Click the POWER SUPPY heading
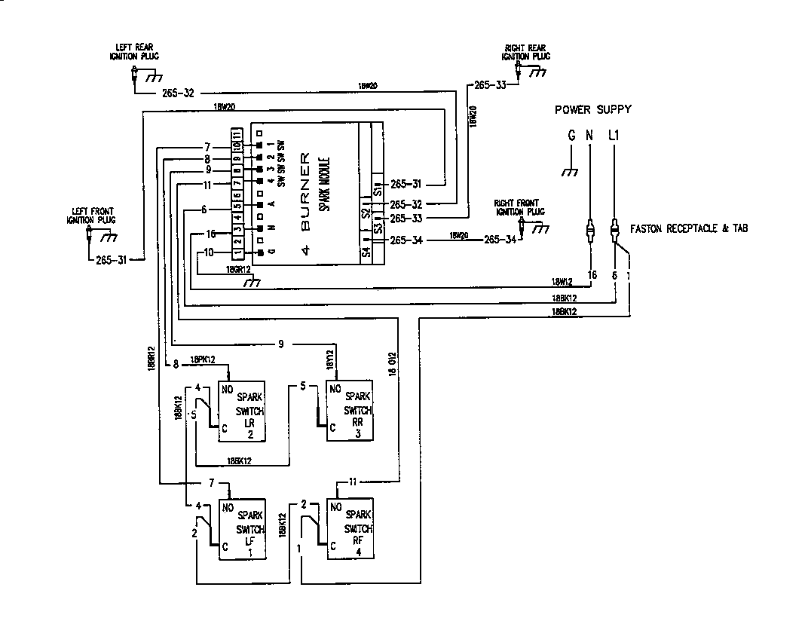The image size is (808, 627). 593,109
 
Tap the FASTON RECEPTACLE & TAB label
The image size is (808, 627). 690,228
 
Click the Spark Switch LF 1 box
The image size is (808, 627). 242,528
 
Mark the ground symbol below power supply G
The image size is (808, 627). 571,172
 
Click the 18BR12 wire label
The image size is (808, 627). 151,358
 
